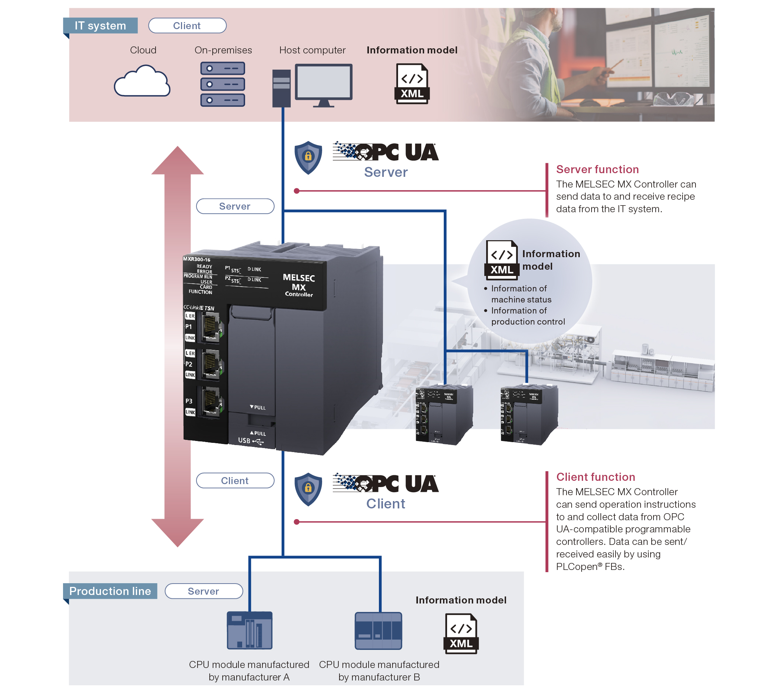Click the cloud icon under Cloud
142,81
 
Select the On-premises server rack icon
223,84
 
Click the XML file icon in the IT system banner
412,84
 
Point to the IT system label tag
100,25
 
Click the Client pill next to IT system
187,25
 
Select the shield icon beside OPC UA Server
308,157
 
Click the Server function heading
597,169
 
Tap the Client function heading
595,477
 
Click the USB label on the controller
244,441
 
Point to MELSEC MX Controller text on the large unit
299,285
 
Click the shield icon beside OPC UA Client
308,489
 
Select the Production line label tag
110,591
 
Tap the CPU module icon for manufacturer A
250,630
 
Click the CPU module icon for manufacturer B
378,630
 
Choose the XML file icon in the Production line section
461,634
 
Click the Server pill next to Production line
204,591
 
